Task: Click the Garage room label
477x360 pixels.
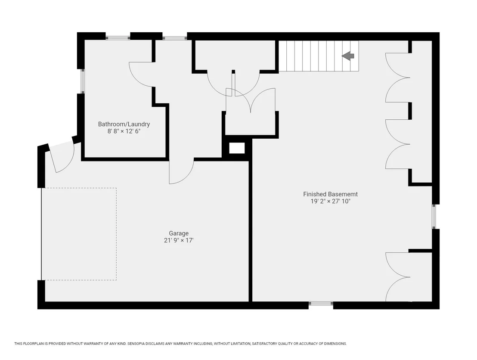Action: (x=179, y=233)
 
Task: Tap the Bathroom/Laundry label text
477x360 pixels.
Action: (x=124, y=124)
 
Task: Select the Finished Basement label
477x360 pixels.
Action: (x=330, y=194)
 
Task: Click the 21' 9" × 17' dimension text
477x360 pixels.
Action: (x=179, y=240)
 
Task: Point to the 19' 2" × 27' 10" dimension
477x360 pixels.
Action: (x=330, y=201)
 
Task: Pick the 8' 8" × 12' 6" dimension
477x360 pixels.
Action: (x=124, y=131)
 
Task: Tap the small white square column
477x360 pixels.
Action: (x=237, y=148)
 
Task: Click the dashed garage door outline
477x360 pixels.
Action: (x=79, y=234)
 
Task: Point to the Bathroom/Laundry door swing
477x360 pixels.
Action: (x=141, y=74)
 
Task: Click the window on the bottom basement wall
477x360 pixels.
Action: (x=321, y=303)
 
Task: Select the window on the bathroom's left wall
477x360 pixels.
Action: (x=82, y=81)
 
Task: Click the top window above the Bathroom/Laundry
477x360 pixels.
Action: (x=118, y=38)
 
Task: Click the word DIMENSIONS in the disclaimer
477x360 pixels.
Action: (x=335, y=344)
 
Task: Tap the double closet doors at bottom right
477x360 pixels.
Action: (x=398, y=277)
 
